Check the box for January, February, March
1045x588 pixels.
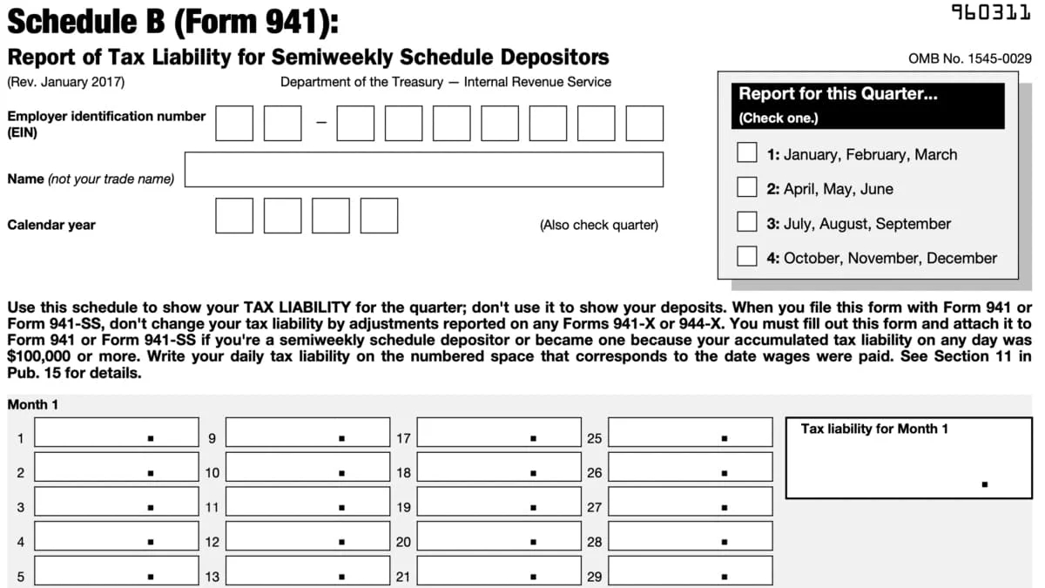coord(747,153)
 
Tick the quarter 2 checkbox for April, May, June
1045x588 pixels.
coord(747,187)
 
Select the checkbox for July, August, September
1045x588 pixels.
coord(747,222)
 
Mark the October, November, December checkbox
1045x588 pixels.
coord(747,256)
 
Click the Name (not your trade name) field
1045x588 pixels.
coord(423,169)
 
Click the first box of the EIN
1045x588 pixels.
coord(234,123)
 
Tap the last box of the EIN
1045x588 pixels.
coord(644,123)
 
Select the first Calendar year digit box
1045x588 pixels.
coord(234,215)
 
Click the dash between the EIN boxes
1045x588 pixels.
coord(320,123)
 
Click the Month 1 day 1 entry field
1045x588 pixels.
coord(117,433)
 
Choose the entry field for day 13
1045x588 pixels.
coord(307,571)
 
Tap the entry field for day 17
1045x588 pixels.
coord(499,433)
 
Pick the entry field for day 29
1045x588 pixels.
coord(690,571)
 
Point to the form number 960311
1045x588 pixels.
coord(991,13)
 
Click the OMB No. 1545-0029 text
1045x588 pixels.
coord(969,59)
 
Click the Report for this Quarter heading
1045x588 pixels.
coord(838,94)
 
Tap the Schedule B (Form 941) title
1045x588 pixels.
coord(172,21)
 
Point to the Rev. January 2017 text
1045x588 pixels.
coord(66,82)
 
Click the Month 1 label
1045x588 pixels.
coord(33,405)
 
